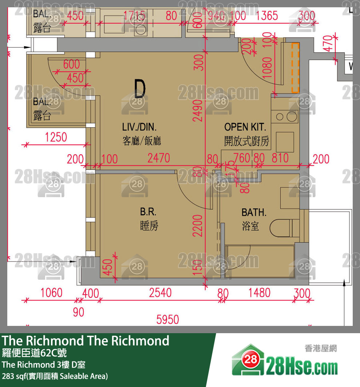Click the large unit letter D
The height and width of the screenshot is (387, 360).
(x=140, y=89)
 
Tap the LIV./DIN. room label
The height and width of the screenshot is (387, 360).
(x=139, y=127)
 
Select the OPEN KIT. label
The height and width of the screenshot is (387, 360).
(x=245, y=127)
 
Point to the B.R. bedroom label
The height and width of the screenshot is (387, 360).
(x=148, y=212)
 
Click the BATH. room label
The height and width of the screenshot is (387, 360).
(x=254, y=212)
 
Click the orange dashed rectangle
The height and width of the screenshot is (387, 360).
(x=295, y=67)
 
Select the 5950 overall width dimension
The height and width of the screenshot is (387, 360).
(x=167, y=320)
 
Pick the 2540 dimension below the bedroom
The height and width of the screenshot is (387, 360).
(x=160, y=293)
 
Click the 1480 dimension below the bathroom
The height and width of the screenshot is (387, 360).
(x=260, y=293)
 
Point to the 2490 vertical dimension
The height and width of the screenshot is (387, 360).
(x=198, y=111)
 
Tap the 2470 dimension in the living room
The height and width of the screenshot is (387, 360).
(x=158, y=158)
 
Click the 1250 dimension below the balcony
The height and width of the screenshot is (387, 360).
(x=56, y=137)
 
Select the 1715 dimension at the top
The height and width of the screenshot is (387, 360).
(x=135, y=16)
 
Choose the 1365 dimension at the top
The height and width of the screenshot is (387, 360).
(x=267, y=16)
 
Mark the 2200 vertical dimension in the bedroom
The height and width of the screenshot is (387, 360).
(x=198, y=226)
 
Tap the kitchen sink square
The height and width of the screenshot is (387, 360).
(x=285, y=142)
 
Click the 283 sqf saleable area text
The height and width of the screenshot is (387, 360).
(x=55, y=376)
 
